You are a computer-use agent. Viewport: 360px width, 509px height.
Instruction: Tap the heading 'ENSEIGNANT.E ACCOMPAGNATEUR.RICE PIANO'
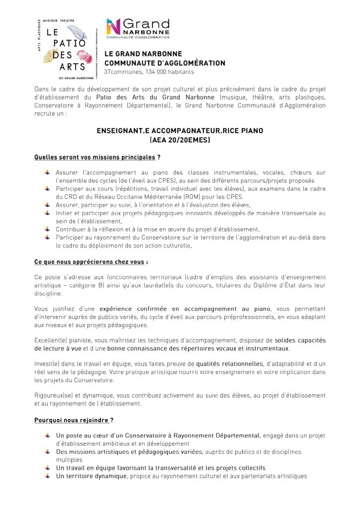pos(180,131)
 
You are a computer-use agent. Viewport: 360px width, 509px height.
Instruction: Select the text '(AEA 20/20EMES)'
pos(180,140)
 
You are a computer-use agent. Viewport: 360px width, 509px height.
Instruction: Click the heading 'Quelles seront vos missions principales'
pos(94,158)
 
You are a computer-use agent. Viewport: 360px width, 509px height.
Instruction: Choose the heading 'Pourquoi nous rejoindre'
pos(71,420)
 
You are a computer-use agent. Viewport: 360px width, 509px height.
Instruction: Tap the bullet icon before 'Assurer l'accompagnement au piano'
pos(47,172)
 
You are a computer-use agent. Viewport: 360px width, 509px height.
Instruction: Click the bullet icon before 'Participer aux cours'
pos(47,188)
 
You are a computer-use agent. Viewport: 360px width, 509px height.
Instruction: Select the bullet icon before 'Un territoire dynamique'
pos(47,476)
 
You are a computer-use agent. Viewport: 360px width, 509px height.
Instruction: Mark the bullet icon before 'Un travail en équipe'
pos(47,468)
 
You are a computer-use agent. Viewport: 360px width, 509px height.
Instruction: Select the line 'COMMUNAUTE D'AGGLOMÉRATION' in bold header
pos(165,63)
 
